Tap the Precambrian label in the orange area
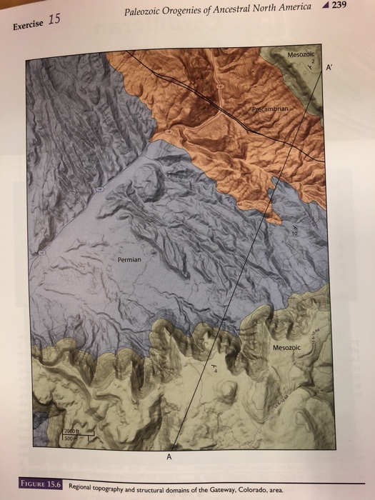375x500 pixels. coord(271,109)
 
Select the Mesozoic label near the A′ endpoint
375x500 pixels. coord(301,54)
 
